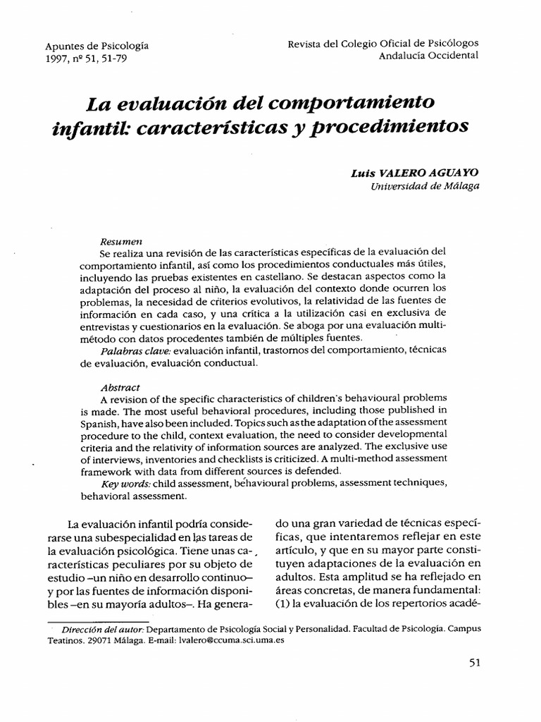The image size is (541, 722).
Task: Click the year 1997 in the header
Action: click(x=58, y=60)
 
